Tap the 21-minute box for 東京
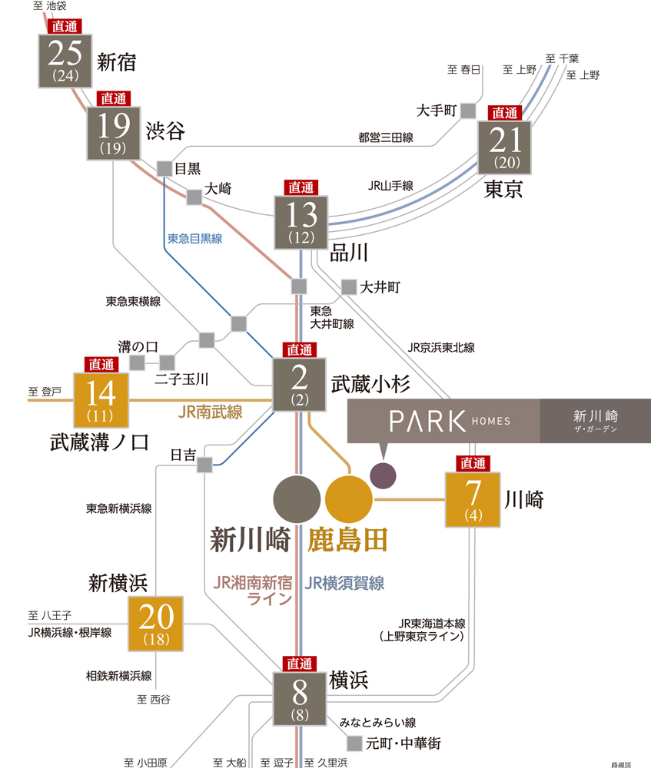504,147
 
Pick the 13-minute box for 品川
301,222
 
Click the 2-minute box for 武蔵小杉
300,385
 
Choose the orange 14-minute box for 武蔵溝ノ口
101,399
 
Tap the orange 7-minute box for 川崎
473,499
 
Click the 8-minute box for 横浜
300,699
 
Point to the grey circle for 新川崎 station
297,498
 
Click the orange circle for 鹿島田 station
349,498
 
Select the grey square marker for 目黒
164,168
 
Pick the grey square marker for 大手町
469,111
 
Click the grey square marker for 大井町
349,286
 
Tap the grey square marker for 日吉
204,465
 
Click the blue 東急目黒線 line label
195,238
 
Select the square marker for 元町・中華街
354,743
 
